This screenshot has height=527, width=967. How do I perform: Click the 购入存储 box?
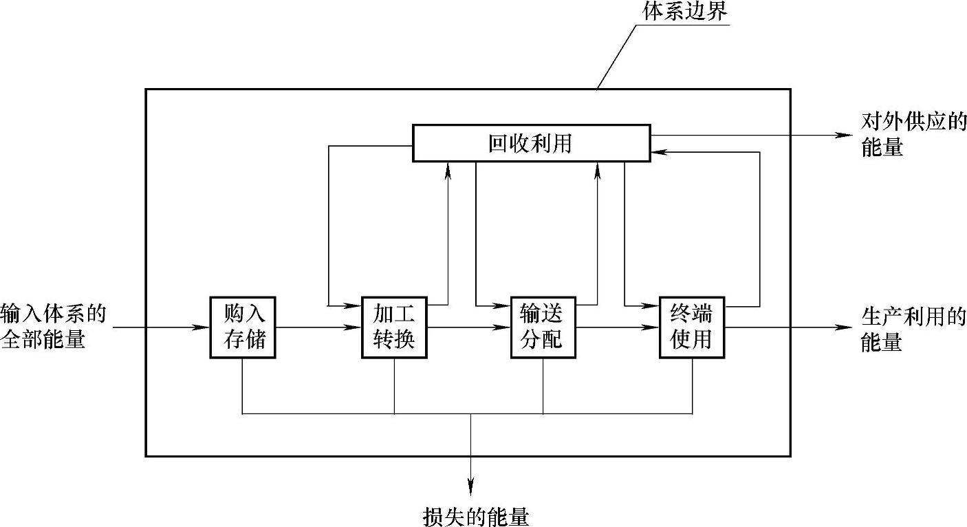click(x=243, y=327)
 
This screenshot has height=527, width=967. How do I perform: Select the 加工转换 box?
click(x=394, y=327)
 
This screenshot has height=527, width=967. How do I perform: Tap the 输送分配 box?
click(x=543, y=327)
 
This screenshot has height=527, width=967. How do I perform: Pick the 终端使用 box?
click(x=692, y=327)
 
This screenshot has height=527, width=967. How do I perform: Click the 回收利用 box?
click(x=531, y=143)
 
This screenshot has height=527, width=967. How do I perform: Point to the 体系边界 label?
click(x=684, y=12)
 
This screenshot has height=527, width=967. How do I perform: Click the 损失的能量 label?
click(x=476, y=516)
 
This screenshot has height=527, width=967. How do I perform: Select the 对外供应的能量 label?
click(x=913, y=134)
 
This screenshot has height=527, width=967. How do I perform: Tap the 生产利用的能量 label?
click(x=913, y=328)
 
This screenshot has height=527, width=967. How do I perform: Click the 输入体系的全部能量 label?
click(x=53, y=326)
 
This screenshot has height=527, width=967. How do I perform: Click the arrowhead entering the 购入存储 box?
click(x=204, y=327)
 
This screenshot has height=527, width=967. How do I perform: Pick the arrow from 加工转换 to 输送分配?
click(x=468, y=327)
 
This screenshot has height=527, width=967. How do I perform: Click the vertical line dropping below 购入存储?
click(x=242, y=385)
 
